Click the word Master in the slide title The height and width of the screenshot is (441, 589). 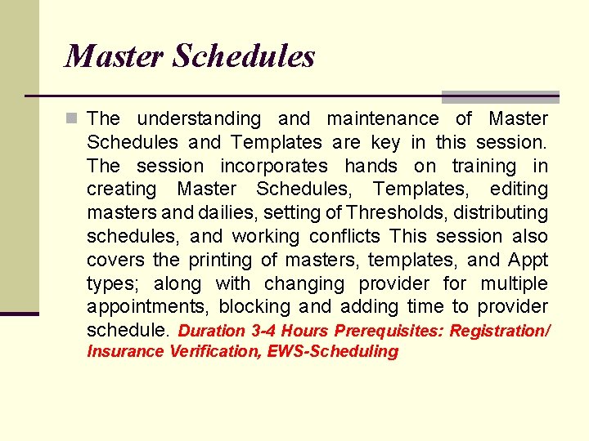tap(115, 56)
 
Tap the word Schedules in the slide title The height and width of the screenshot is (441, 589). tap(244, 56)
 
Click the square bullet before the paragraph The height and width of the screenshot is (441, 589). tap(74, 119)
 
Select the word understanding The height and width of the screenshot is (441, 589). tap(199, 119)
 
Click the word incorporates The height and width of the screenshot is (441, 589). tap(274, 167)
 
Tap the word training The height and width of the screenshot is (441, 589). tap(484, 167)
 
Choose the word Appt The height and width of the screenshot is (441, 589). tap(528, 261)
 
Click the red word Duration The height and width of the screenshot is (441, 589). tap(211, 332)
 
